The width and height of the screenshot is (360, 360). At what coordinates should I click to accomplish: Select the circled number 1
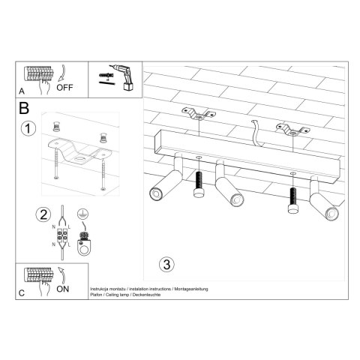coord(28,128)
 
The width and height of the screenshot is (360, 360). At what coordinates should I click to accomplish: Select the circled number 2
coord(43,214)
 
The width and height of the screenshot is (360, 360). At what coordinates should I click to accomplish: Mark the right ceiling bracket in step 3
coord(291,129)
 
